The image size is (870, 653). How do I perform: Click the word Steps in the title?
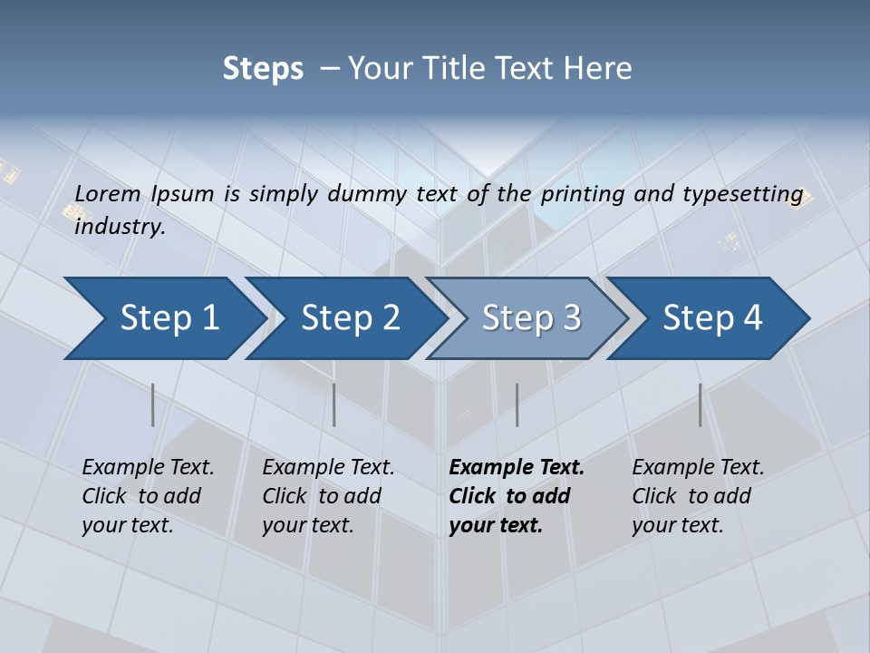(263, 69)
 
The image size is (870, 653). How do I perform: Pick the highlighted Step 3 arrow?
(531, 318)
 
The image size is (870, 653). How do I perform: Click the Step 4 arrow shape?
(712, 318)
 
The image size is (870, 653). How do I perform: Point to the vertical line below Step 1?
(153, 404)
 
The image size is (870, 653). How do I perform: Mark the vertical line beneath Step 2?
(334, 404)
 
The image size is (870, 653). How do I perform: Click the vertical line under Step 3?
(517, 404)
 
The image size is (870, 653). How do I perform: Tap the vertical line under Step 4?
(701, 404)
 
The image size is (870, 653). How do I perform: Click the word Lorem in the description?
(108, 193)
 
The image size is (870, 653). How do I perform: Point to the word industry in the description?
(119, 227)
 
